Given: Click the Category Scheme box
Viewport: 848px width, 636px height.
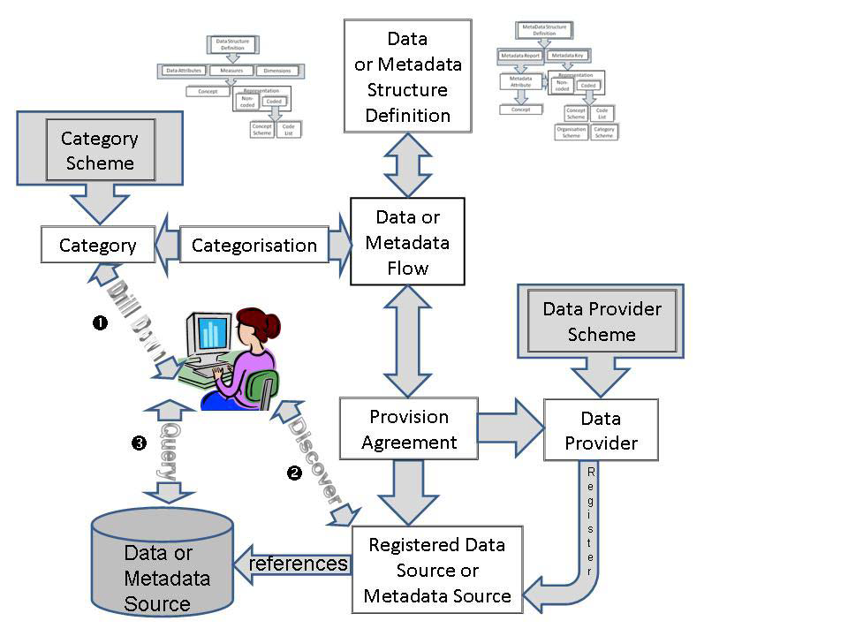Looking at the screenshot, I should click(98, 151).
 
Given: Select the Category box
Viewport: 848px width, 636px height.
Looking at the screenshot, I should click(97, 246).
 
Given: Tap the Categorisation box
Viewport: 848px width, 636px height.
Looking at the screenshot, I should click(254, 246).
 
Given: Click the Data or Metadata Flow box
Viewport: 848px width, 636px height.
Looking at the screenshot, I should click(407, 242).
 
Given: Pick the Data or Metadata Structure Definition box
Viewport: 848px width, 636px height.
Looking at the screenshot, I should click(407, 77).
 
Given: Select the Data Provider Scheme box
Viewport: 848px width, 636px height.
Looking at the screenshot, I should click(602, 322).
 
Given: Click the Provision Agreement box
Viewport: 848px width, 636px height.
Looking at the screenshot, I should click(409, 429).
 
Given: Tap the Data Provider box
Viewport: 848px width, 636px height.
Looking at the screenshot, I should click(601, 431).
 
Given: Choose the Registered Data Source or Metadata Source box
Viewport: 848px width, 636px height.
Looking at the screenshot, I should click(437, 570).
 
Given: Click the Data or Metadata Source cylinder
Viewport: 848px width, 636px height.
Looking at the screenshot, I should click(163, 566).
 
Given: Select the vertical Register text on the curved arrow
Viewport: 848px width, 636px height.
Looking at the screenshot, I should click(591, 521).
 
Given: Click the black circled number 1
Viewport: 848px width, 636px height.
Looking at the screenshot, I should click(100, 323).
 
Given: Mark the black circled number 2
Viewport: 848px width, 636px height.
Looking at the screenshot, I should click(294, 473).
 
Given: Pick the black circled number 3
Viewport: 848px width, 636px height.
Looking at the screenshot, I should click(138, 443).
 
